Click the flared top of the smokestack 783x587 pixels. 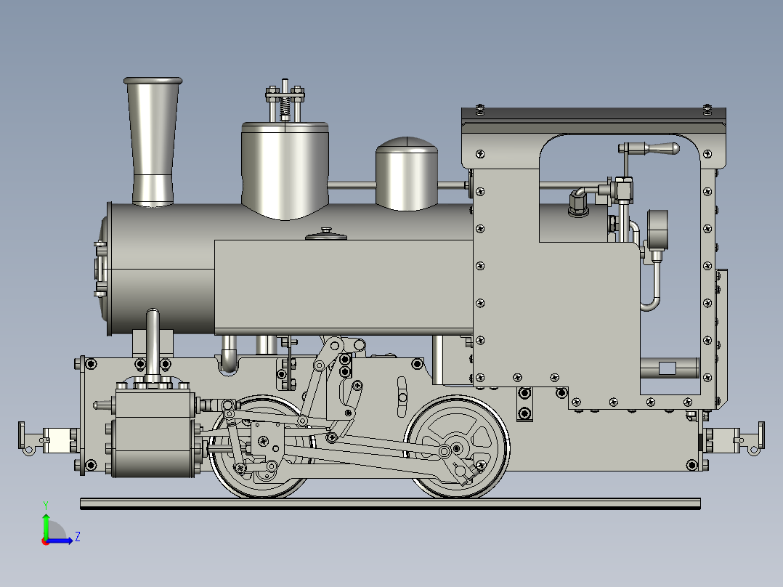(x=153, y=82)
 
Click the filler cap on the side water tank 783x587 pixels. (x=326, y=233)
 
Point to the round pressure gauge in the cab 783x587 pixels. (x=657, y=228)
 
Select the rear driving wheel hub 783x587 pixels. (x=457, y=448)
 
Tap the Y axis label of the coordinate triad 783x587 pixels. (x=45, y=504)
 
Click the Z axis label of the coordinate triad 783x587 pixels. (x=77, y=537)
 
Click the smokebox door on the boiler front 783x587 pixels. (x=100, y=269)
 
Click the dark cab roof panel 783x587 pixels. (x=593, y=114)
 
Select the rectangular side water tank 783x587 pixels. (x=341, y=287)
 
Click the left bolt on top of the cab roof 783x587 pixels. (x=479, y=110)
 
